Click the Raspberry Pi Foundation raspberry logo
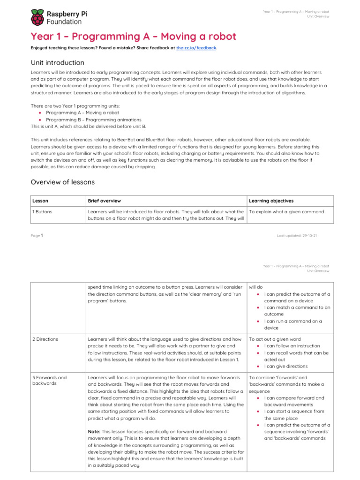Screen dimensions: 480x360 click(x=37, y=17)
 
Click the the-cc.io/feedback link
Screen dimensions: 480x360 click(x=196, y=48)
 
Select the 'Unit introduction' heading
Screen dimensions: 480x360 click(x=57, y=63)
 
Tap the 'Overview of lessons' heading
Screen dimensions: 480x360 click(x=62, y=182)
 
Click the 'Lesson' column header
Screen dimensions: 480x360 click(x=40, y=201)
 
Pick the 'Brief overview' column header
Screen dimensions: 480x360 click(x=105, y=201)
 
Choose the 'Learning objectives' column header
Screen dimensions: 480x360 click(x=271, y=201)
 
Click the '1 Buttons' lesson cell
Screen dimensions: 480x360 click(x=42, y=211)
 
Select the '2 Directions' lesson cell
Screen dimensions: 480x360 click(x=45, y=339)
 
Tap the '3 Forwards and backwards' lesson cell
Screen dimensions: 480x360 click(x=49, y=380)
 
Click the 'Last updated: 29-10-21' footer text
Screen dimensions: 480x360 click(x=297, y=236)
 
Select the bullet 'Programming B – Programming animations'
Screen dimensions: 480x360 click(x=89, y=120)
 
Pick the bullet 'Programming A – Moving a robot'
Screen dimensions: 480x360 click(x=82, y=112)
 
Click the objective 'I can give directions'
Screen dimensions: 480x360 click(x=286, y=366)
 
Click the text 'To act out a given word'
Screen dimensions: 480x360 click(x=275, y=339)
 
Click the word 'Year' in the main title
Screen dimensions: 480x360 click(x=41, y=37)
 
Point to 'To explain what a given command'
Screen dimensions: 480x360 click(x=286, y=211)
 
